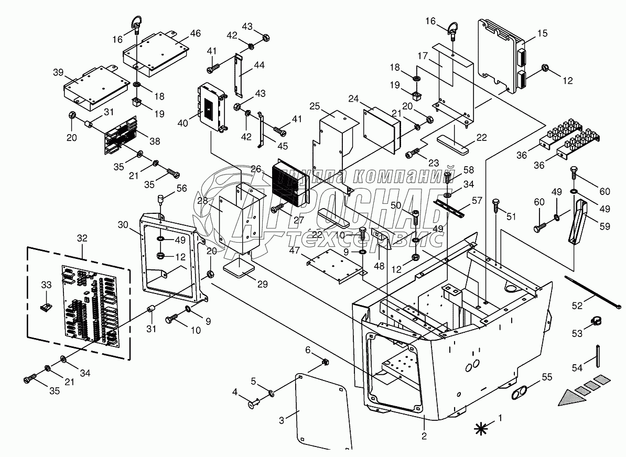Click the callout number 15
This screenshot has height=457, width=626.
[542, 33]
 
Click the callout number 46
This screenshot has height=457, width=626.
[195, 33]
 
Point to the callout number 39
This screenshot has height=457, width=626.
[57, 71]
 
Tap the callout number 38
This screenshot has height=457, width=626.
[155, 142]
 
